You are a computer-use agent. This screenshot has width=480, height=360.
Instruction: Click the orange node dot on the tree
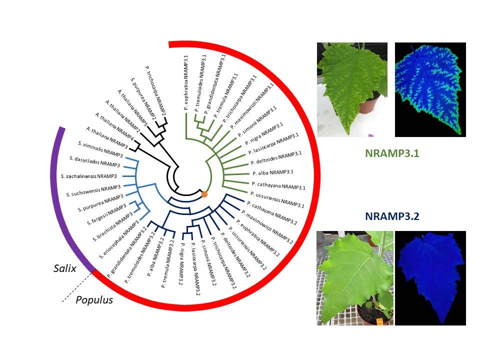(204, 194)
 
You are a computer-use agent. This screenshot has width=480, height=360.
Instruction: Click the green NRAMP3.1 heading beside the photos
(392, 153)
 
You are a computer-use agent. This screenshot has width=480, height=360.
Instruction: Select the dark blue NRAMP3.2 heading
(392, 216)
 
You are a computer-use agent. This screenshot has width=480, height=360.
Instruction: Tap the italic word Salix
(65, 268)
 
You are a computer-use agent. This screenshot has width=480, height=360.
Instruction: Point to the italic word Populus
(94, 300)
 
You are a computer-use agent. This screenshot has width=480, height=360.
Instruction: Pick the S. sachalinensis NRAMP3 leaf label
(89, 176)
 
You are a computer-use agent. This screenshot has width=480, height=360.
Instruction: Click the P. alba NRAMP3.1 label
(273, 172)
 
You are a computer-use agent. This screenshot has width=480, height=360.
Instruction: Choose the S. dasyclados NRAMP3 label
(94, 161)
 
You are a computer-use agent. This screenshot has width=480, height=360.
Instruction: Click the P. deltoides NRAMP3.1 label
(276, 157)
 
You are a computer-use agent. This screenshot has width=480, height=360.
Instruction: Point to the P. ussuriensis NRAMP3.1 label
(277, 199)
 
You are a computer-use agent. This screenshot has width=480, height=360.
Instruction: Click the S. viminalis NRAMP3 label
(100, 149)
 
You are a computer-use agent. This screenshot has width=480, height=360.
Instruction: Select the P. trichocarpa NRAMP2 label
(155, 90)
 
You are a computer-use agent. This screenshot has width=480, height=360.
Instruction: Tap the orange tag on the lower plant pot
(379, 321)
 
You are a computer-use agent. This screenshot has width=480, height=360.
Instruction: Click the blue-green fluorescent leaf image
(430, 89)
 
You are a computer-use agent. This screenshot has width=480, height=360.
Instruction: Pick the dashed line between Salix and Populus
(77, 287)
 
